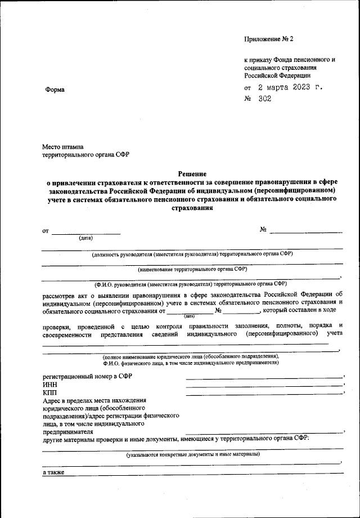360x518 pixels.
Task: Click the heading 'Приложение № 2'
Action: [x=269, y=39]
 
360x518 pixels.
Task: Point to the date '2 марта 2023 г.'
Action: [x=291, y=88]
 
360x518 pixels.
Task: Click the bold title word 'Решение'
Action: [x=192, y=174]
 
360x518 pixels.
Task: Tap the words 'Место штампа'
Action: [x=62, y=146]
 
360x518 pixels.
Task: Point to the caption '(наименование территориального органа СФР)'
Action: [x=192, y=269]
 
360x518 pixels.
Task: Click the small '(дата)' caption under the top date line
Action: [x=85, y=238]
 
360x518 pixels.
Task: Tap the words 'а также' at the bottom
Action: [x=54, y=472]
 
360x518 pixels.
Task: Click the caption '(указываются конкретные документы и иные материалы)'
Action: [x=193, y=454]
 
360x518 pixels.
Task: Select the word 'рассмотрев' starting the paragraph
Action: [x=61, y=294]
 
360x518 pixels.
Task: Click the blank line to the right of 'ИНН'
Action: [x=264, y=386]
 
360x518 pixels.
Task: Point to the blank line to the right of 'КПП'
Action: [x=264, y=394]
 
